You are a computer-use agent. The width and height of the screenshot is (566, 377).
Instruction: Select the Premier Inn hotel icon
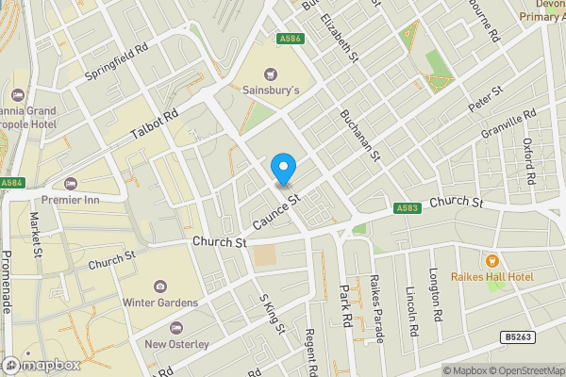coord(69,183)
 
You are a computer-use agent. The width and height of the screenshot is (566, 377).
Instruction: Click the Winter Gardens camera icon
coord(159,286)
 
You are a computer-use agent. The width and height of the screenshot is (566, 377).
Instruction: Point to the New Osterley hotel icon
coord(176,327)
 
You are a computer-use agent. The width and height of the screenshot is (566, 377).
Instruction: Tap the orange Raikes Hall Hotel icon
coord(491,260)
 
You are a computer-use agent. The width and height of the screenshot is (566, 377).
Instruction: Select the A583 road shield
coord(407,209)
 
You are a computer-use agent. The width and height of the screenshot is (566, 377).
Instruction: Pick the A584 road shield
coord(11,183)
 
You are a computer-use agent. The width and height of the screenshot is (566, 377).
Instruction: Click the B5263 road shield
coord(513,336)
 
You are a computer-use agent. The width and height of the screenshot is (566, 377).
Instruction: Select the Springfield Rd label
coord(117,60)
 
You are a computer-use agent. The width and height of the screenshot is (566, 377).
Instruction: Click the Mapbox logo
coord(40,365)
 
